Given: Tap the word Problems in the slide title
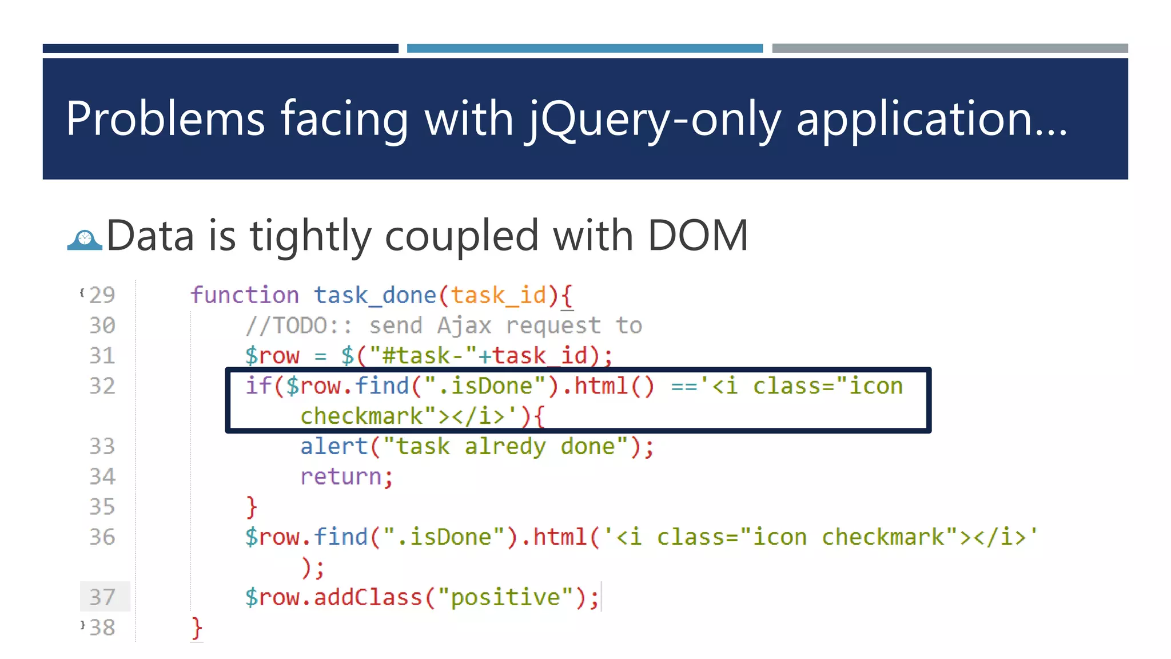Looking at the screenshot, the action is (x=165, y=119).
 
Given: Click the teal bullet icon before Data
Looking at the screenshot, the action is (x=85, y=240).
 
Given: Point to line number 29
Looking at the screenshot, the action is (x=102, y=295).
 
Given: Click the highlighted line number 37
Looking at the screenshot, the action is (x=102, y=597).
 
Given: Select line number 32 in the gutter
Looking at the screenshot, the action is (x=102, y=386).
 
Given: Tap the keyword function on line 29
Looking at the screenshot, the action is (x=245, y=295).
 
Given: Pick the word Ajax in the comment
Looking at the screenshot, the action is (x=464, y=325).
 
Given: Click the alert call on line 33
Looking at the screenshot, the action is (x=334, y=446).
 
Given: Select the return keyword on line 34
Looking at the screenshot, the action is (x=341, y=477).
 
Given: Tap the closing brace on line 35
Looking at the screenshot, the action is (x=252, y=507).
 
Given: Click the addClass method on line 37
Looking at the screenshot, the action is (x=368, y=597).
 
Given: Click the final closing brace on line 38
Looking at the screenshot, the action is (x=197, y=628).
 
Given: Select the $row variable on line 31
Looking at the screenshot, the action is (x=272, y=356).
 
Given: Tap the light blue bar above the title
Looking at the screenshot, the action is (x=584, y=49).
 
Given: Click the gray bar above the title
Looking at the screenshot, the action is (x=950, y=49).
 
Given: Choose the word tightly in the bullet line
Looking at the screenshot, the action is (x=310, y=236).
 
